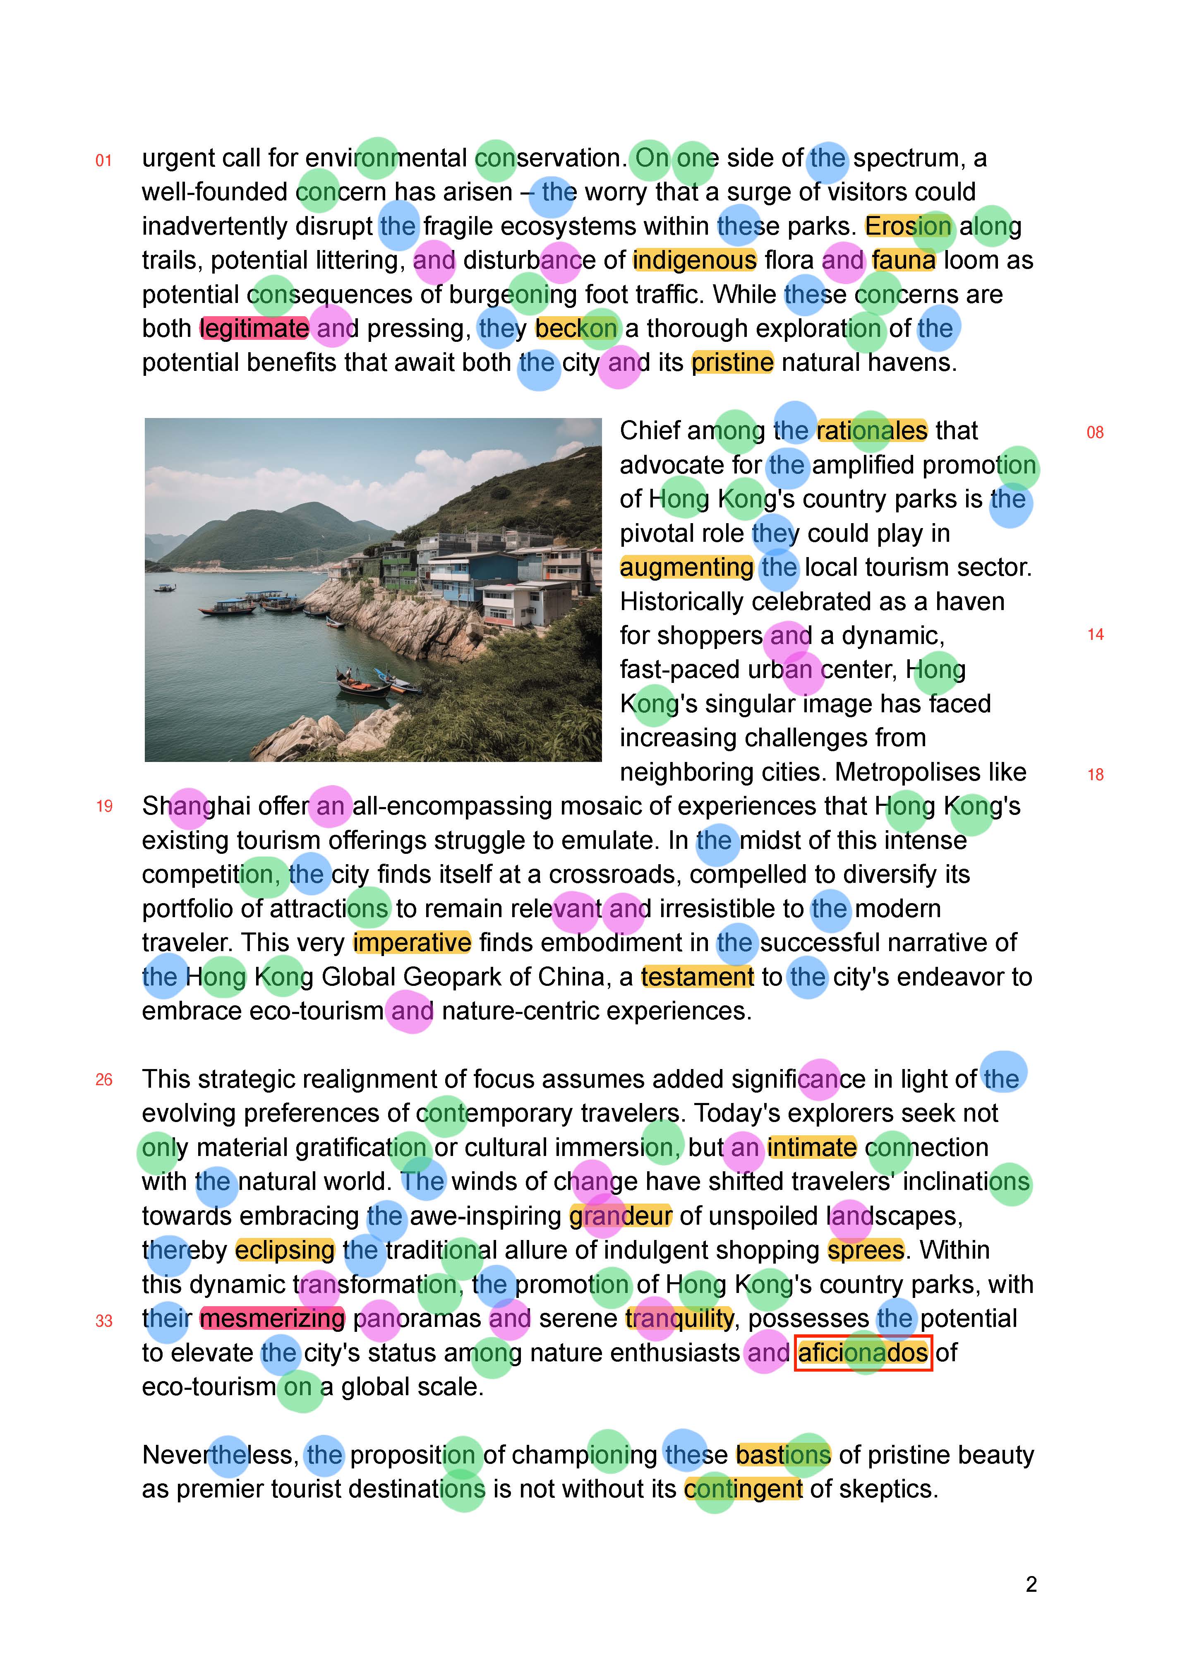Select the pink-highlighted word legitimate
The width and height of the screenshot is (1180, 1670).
pyautogui.click(x=254, y=329)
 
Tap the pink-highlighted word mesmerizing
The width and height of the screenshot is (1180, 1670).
pyautogui.click(x=272, y=1319)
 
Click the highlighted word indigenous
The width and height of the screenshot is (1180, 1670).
pyautogui.click(x=694, y=260)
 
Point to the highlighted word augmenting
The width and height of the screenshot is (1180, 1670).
pyautogui.click(x=686, y=567)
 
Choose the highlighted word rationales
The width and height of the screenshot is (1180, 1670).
pyautogui.click(x=872, y=430)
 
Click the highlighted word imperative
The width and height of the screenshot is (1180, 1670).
pyautogui.click(x=412, y=943)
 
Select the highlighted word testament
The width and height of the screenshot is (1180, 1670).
pyautogui.click(x=697, y=977)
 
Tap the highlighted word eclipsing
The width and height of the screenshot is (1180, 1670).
pyautogui.click(x=285, y=1250)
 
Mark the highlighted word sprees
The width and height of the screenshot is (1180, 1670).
pyautogui.click(x=865, y=1250)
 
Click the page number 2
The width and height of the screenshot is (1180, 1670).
pyautogui.click(x=1031, y=1584)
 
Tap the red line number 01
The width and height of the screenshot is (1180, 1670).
pyautogui.click(x=104, y=161)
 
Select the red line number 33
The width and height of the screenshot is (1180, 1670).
pyautogui.click(x=104, y=1321)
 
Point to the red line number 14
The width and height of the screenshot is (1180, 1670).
pyautogui.click(x=1095, y=635)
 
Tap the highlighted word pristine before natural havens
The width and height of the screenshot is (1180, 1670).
pyautogui.click(x=732, y=363)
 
